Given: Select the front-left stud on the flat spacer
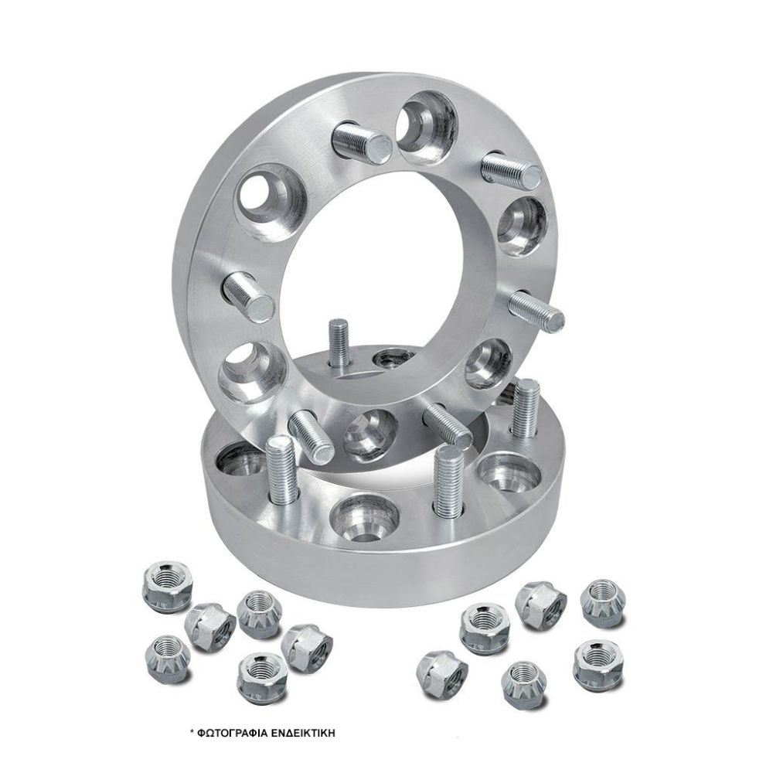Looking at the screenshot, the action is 281,467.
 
